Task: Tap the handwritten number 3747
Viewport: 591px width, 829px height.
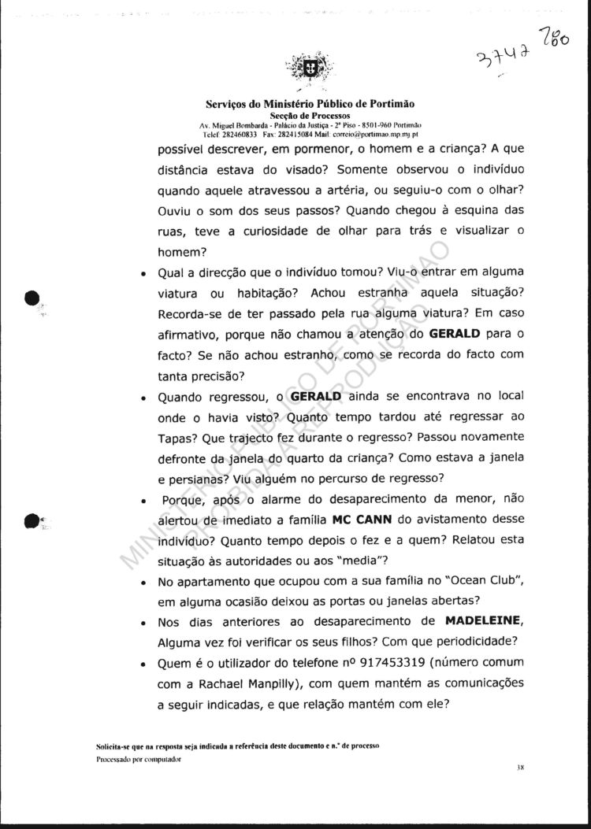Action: coord(502,54)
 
